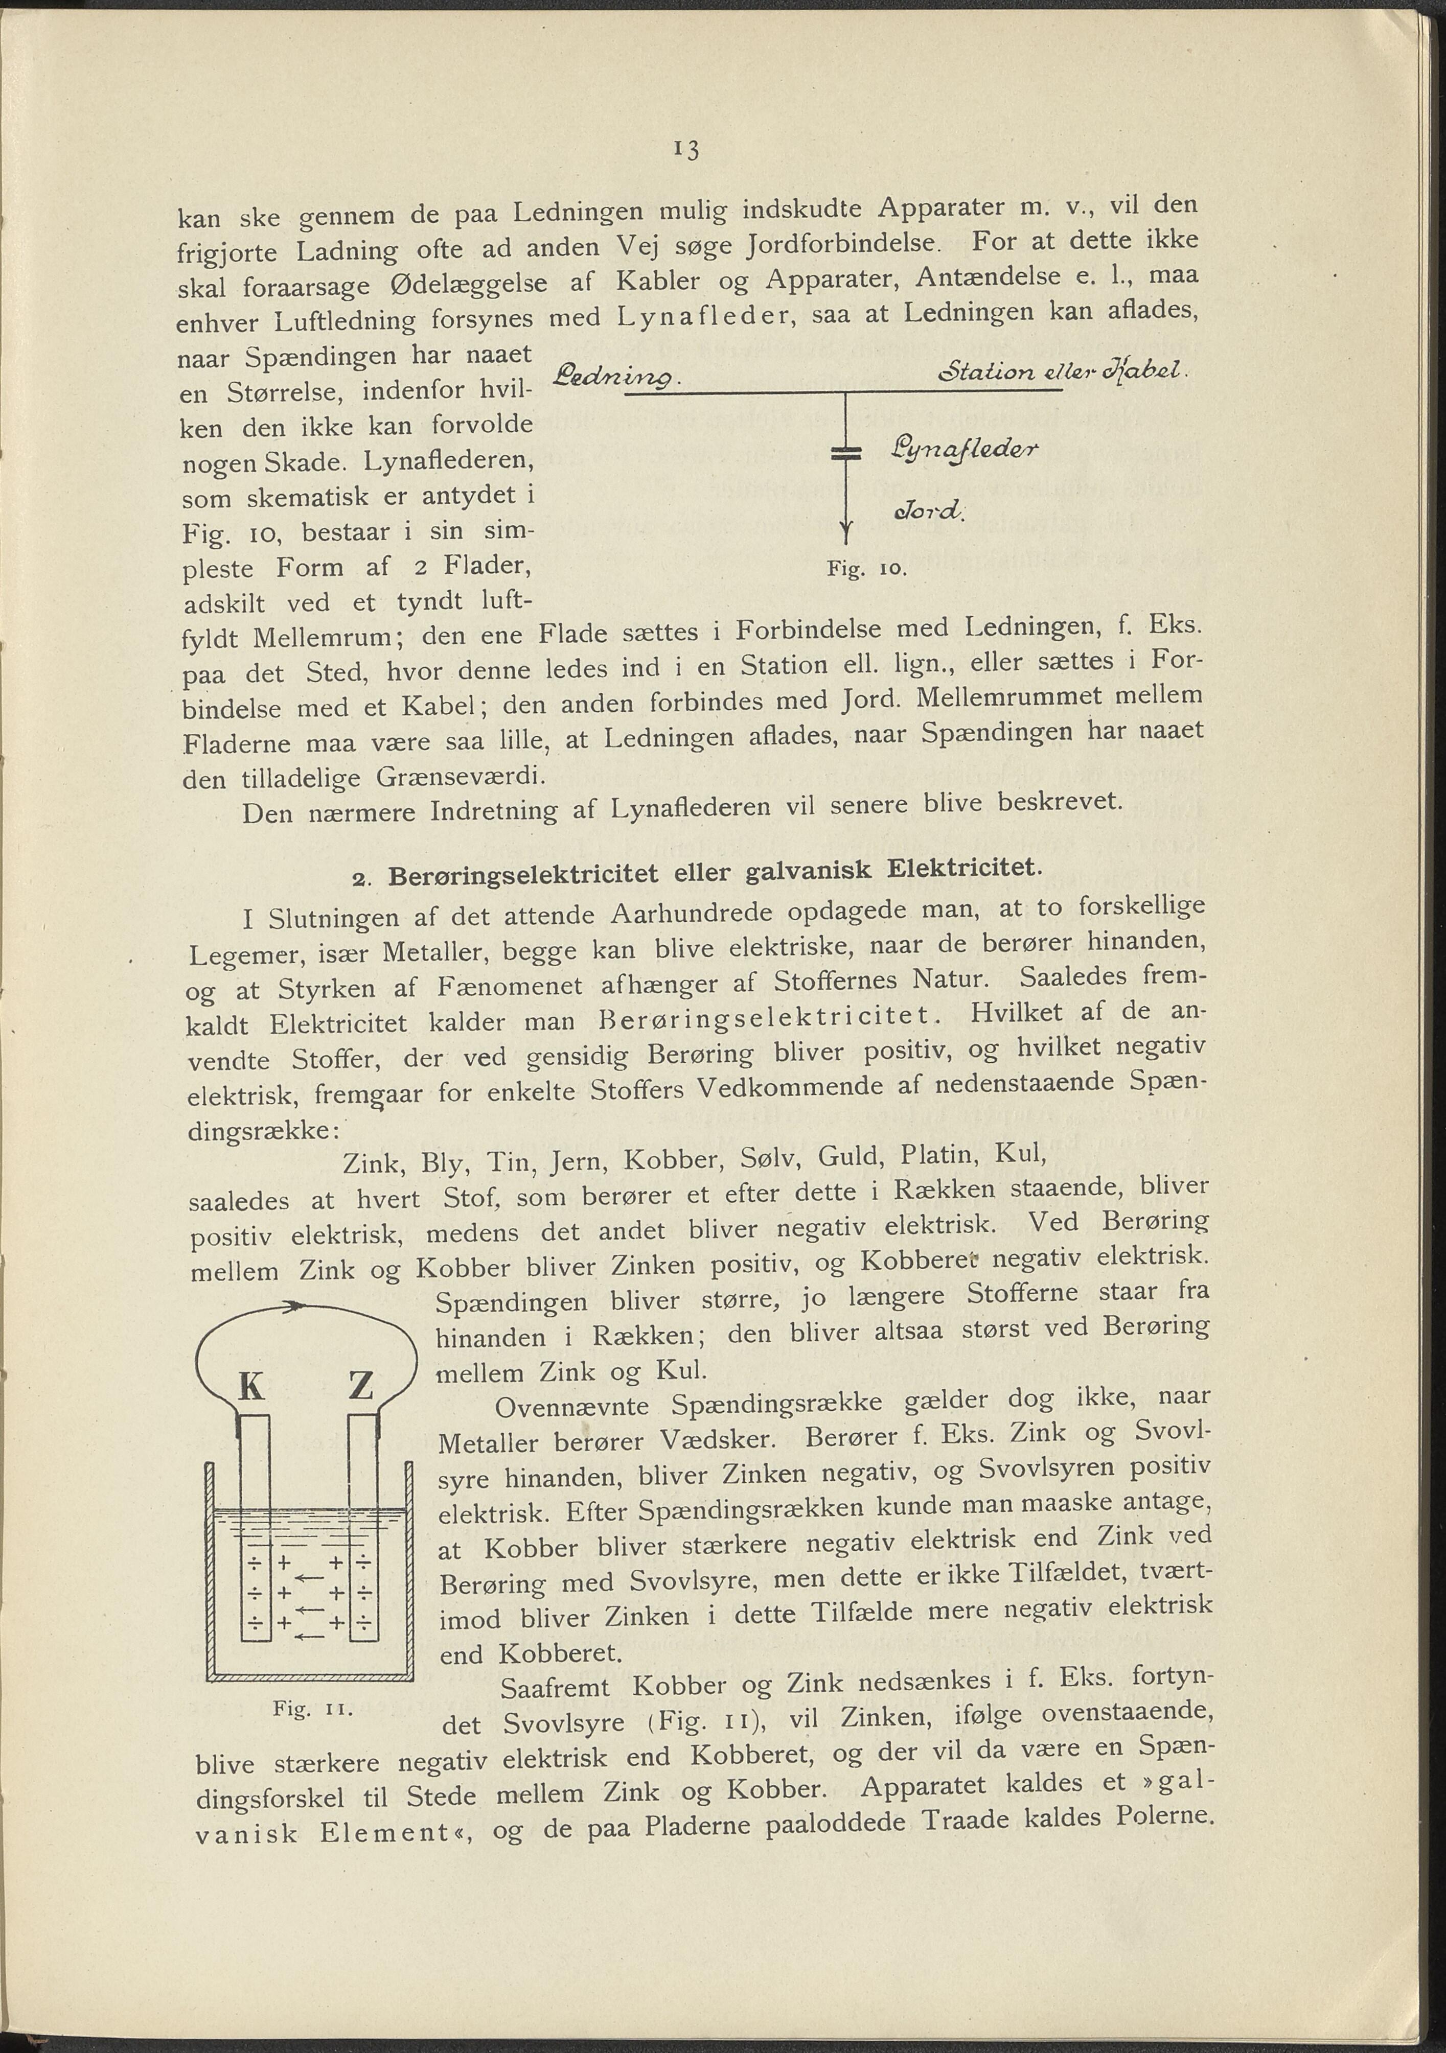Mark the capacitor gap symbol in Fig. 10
pos(844,453)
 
